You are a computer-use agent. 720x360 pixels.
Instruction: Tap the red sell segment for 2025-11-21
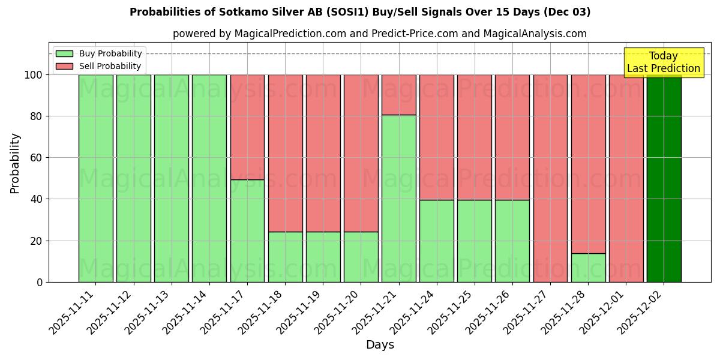pos(398,95)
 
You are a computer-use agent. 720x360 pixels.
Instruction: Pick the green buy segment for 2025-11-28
pos(588,268)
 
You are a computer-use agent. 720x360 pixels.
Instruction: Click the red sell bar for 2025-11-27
pos(550,178)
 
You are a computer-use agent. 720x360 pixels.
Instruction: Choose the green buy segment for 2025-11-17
pos(247,230)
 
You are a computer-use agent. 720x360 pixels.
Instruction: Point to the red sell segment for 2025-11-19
pos(323,153)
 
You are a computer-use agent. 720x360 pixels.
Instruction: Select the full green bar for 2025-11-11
pos(95,178)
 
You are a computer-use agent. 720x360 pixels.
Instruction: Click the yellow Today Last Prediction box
pos(663,62)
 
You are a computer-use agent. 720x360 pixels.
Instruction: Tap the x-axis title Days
pos(380,345)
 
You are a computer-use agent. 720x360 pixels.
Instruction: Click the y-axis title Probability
pos(15,163)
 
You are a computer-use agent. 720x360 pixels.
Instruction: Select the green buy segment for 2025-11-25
pos(474,241)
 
